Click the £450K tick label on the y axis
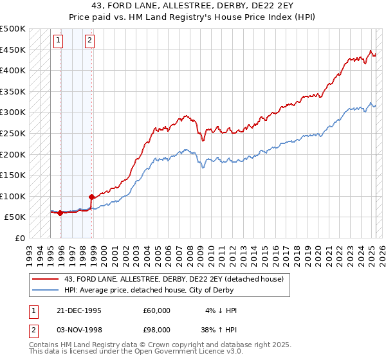coord(13,50)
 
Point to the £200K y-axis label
coord(13,154)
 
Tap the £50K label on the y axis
coord(15,217)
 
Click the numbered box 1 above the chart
coord(58,41)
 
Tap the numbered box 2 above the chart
coord(89,41)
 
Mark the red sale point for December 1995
coord(60,213)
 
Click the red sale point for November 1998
coord(91,197)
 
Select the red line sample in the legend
coord(45,278)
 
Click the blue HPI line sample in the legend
coord(45,289)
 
